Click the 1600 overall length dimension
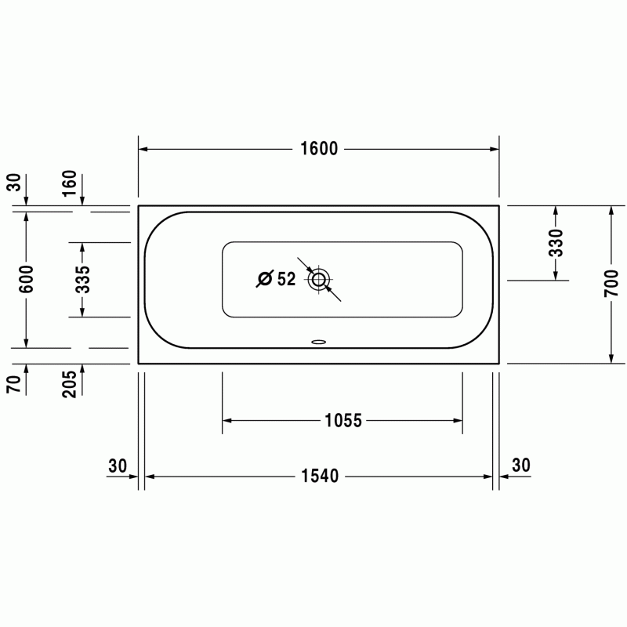pos(319,149)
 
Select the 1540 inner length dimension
pos(320,476)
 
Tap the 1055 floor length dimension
pos(343,420)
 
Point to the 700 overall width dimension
pos(611,283)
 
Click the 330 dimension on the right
pos(556,243)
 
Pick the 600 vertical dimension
pos(27,279)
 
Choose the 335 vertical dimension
pos(83,279)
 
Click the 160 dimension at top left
pos(69,183)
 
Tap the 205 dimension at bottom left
pos(69,384)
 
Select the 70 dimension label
pos(13,384)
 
